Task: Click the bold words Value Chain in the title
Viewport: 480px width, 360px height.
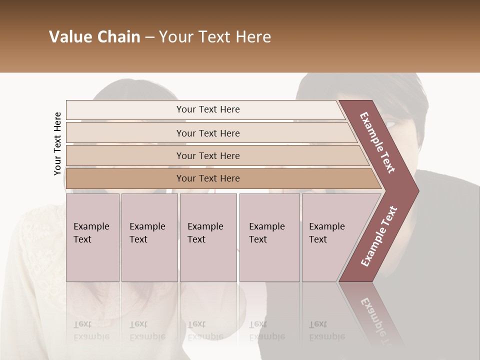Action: [94, 37]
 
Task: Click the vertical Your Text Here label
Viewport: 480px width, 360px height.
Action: [57, 143]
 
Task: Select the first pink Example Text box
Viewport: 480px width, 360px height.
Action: [92, 237]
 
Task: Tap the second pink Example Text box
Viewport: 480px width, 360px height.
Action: [149, 237]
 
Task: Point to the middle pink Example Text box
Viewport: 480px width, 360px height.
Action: [208, 237]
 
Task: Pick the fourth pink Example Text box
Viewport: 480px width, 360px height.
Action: [269, 237]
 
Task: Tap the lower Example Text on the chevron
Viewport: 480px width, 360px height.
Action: [379, 236]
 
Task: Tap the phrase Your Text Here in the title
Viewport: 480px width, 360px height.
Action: [215, 37]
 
